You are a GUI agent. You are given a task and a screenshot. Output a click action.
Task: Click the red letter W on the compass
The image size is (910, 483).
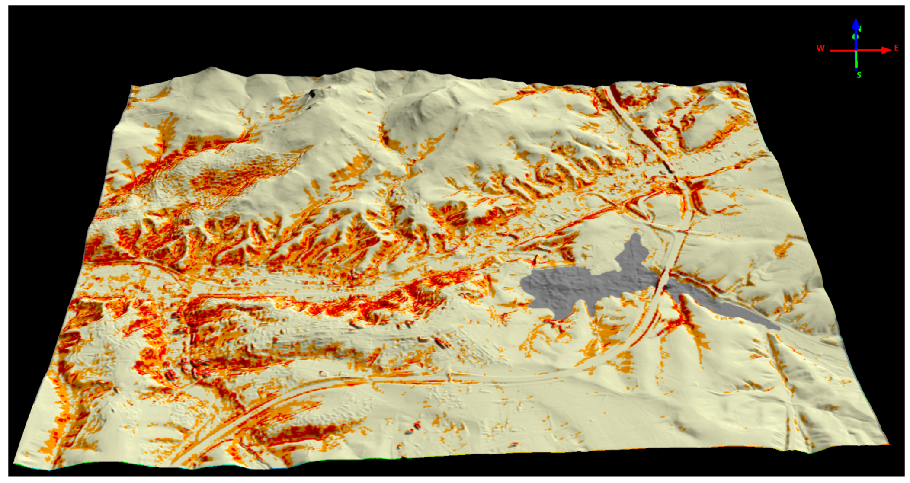[x=820, y=48]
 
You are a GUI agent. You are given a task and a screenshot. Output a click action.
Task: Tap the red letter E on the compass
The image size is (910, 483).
[x=896, y=48]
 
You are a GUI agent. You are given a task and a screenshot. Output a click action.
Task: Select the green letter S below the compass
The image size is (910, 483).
[x=859, y=75]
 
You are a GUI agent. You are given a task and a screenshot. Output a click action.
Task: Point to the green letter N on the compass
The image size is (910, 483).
[x=859, y=29]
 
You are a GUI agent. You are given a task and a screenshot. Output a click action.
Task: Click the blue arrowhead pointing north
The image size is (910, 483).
[x=856, y=23]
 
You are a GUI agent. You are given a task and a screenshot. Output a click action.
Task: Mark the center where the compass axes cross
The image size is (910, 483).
[x=856, y=51]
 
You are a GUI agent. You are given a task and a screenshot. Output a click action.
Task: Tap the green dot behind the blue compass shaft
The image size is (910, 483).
[x=854, y=37]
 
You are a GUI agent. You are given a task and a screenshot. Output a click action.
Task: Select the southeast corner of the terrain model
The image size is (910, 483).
[x=888, y=443]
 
